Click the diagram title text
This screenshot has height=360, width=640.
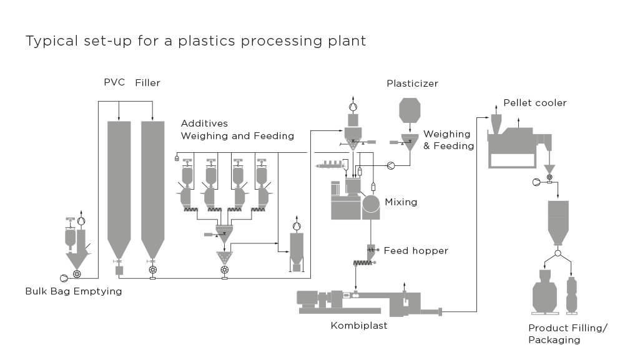coord(195,41)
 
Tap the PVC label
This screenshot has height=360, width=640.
coord(114,83)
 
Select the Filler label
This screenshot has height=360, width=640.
coord(148,83)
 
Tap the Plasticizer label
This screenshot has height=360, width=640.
coord(412,84)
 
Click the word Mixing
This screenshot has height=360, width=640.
coord(401,202)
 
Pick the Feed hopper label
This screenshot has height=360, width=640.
coord(416,251)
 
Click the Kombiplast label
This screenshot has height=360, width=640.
coord(359,325)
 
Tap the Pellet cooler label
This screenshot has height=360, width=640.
coord(535,103)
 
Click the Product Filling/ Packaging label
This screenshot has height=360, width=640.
coord(567,334)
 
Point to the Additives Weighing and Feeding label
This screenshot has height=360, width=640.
coord(237,130)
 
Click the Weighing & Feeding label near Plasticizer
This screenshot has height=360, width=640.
coord(448,140)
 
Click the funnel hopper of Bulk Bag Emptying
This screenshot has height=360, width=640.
coord(77,256)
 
